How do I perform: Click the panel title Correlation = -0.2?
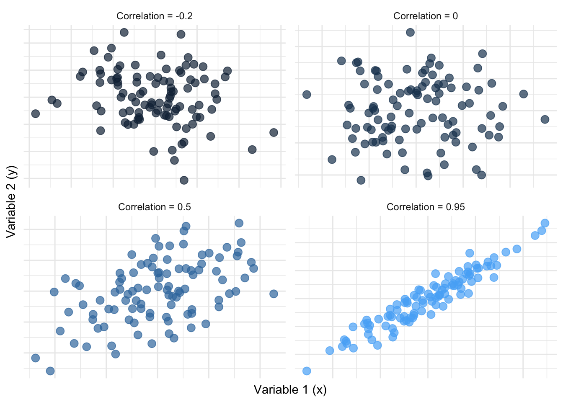tap(155, 16)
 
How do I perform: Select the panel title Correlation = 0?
tap(426, 16)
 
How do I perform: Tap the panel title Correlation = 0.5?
tap(155, 207)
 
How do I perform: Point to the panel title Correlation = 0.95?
tap(426, 207)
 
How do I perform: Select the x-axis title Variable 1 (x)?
tap(290, 389)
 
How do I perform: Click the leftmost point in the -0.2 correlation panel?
tap(36, 113)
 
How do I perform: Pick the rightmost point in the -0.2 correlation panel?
tap(274, 132)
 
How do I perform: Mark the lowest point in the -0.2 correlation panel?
tap(184, 180)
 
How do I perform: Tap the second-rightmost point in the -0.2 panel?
tap(252, 149)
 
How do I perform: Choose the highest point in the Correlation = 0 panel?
tap(411, 32)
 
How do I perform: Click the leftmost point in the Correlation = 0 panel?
tap(307, 94)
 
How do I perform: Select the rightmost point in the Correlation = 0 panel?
tap(545, 119)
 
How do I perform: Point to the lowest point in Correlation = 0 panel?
tap(361, 180)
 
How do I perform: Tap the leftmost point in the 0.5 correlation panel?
tap(36, 358)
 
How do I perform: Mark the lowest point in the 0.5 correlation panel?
tap(50, 371)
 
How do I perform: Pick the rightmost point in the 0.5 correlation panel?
tap(274, 294)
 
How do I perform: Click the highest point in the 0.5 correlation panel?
tap(239, 223)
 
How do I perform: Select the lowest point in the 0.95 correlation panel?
tap(307, 371)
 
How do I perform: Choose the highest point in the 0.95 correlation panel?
tap(545, 223)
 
